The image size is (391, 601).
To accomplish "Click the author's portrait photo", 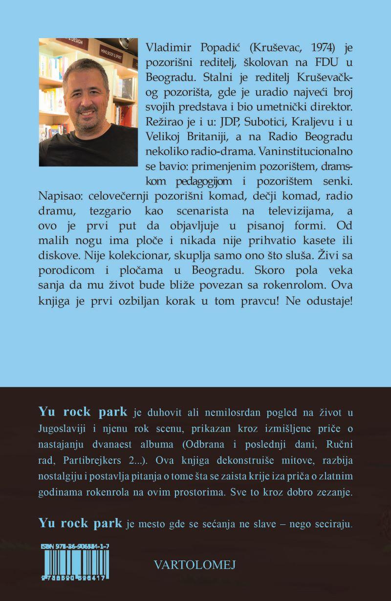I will pos(87,102).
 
